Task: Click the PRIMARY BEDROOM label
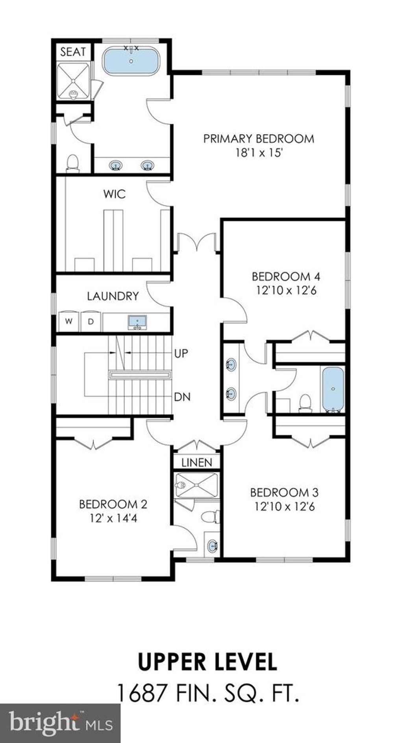(x=259, y=139)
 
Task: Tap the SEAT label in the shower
(x=73, y=52)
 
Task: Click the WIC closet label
(x=115, y=194)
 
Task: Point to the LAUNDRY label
(x=113, y=296)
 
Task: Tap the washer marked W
(x=69, y=321)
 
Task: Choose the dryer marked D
(x=91, y=321)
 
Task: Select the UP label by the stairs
(x=181, y=353)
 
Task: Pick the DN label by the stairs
(x=182, y=397)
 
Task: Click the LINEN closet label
(x=197, y=462)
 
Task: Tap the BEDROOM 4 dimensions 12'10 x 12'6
(x=287, y=291)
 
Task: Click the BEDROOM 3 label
(x=285, y=492)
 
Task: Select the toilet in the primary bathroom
(x=72, y=163)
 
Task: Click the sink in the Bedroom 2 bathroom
(x=213, y=546)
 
